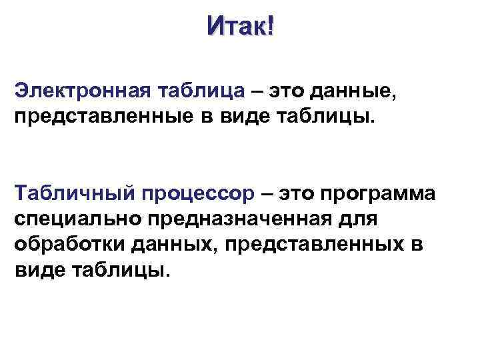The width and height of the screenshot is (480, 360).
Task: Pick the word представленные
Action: pos(98,118)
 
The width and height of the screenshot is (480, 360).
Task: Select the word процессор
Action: pos(198,194)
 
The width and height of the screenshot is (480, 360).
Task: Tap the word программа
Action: pos(378,194)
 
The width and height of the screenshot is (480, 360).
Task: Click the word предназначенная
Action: pos(244,219)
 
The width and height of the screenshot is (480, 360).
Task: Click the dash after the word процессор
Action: pos(267,193)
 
